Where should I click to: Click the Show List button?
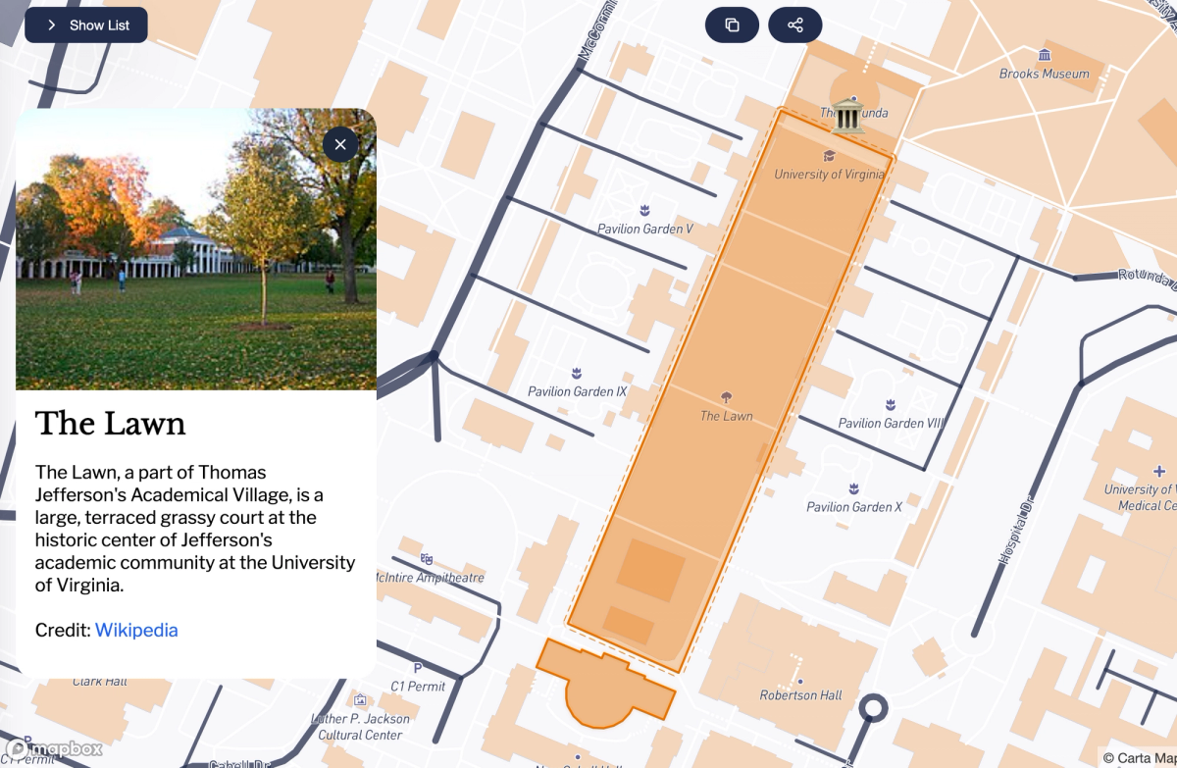pyautogui.click(x=86, y=26)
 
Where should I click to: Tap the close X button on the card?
pyautogui.click(x=340, y=145)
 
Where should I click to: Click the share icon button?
pyautogui.click(x=794, y=26)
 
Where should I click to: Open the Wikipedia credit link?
pyautogui.click(x=136, y=630)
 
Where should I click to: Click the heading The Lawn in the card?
pyautogui.click(x=110, y=423)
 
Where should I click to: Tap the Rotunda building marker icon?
pyautogui.click(x=846, y=115)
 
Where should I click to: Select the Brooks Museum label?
pyautogui.click(x=1044, y=74)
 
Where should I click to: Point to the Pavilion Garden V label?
pyautogui.click(x=644, y=229)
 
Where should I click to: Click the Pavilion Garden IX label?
pyautogui.click(x=577, y=391)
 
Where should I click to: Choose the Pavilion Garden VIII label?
pyautogui.click(x=890, y=423)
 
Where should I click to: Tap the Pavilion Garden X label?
pyautogui.click(x=854, y=506)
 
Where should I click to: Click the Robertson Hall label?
pyautogui.click(x=800, y=694)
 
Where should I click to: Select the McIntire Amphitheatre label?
pyautogui.click(x=430, y=577)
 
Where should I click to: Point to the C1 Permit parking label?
pyautogui.click(x=418, y=686)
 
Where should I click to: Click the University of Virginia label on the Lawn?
pyautogui.click(x=829, y=174)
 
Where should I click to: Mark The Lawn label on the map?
pyautogui.click(x=726, y=416)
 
